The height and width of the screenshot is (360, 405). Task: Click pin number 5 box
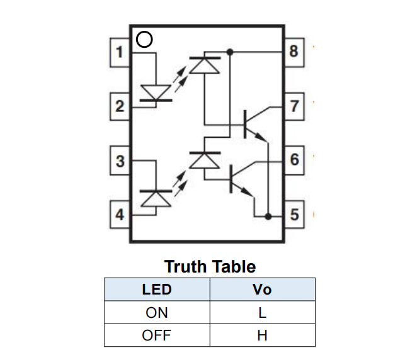pos(294,214)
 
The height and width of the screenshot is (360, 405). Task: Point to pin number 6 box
pos(294,160)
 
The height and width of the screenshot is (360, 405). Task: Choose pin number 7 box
pos(294,106)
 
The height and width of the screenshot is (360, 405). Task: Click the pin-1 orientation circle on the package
pos(144,40)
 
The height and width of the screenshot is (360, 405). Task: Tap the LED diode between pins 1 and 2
pos(156,92)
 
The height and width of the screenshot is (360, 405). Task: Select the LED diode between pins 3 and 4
pos(156,198)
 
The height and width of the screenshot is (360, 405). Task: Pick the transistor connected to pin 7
pos(252,123)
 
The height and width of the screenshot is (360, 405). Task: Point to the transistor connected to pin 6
pos(239,178)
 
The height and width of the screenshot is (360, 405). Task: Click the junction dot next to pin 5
pos(268,216)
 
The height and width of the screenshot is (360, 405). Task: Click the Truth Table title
pos(210,266)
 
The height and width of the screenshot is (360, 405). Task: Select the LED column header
pos(156,290)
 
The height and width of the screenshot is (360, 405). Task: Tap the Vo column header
pos(262,290)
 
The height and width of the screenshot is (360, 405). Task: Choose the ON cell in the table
pos(156,312)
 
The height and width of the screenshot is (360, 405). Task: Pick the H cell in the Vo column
pos(262,335)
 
